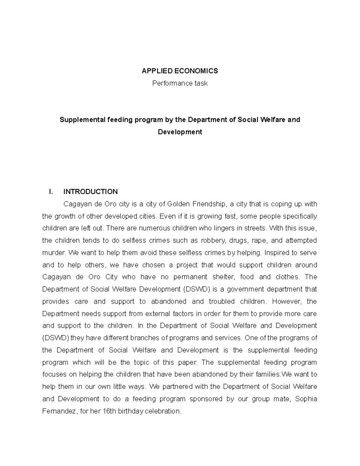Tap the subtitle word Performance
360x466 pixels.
pyautogui.click(x=170, y=83)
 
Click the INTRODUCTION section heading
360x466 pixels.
pyautogui.click(x=91, y=192)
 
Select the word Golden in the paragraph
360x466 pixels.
pyautogui.click(x=178, y=204)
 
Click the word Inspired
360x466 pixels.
pyautogui.click(x=277, y=253)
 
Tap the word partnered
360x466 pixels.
pyautogui.click(x=178, y=386)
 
